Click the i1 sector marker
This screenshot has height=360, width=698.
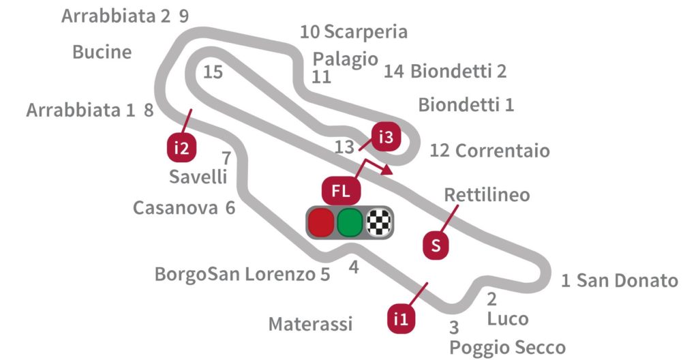pyautogui.click(x=402, y=317)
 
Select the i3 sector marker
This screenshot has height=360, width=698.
pyautogui.click(x=386, y=138)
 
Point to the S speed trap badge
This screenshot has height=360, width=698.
pyautogui.click(x=436, y=246)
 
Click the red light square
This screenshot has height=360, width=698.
pyautogui.click(x=321, y=222)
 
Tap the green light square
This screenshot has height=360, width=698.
pyautogui.click(x=350, y=222)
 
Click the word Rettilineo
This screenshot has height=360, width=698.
pyautogui.click(x=487, y=195)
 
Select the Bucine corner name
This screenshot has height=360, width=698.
pyautogui.click(x=102, y=52)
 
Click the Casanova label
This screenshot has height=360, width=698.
pyautogui.click(x=175, y=208)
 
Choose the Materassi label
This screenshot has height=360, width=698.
pyautogui.click(x=310, y=324)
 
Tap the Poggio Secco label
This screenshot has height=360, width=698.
pyautogui.click(x=507, y=347)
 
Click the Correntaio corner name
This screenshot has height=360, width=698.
pyautogui.click(x=502, y=151)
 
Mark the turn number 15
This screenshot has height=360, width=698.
pyautogui.click(x=213, y=72)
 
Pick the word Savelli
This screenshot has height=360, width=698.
pyautogui.click(x=198, y=177)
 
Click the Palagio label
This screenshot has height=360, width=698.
pyautogui.click(x=345, y=59)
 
